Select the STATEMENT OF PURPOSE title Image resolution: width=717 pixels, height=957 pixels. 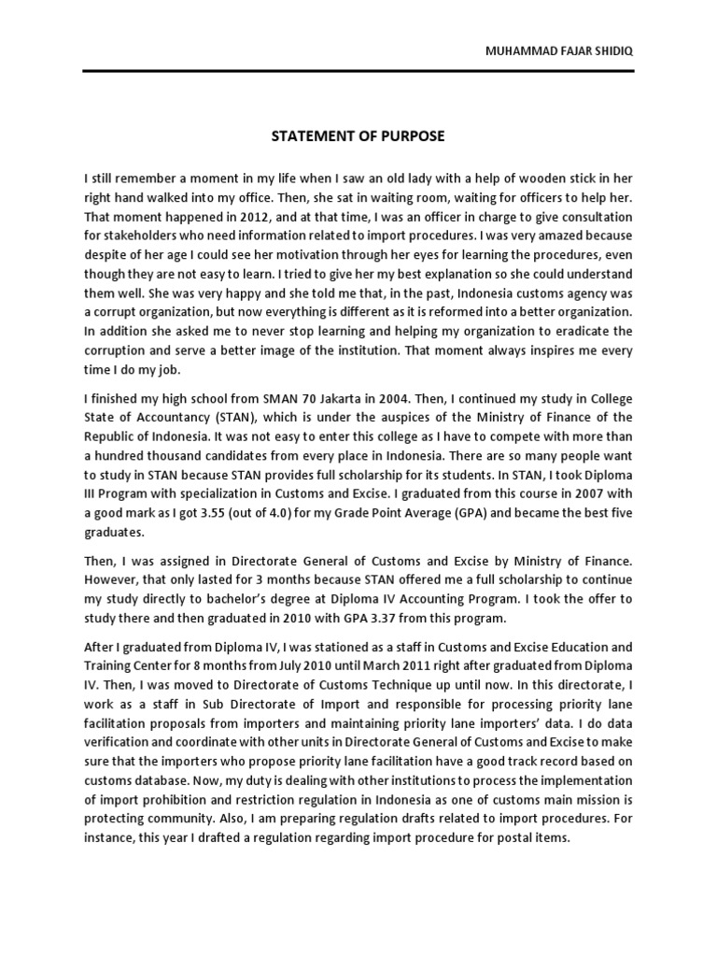click(358, 136)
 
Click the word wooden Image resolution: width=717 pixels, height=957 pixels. click(531, 178)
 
